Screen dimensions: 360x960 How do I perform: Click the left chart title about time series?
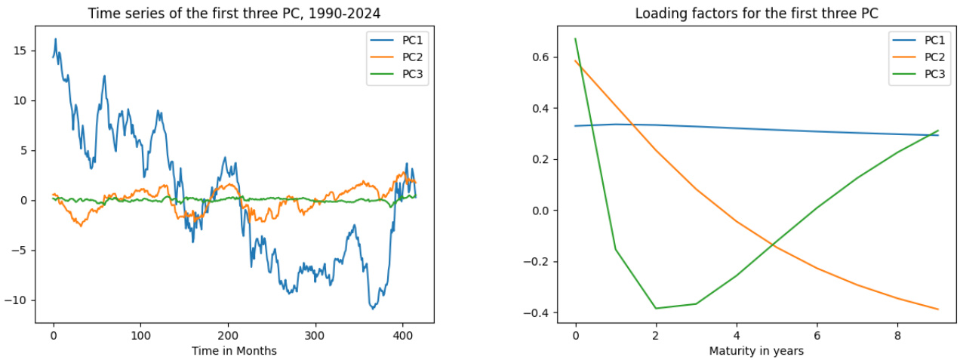tap(234, 14)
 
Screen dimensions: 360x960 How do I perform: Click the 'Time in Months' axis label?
tap(234, 351)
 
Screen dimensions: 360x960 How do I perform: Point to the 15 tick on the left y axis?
tap(22, 51)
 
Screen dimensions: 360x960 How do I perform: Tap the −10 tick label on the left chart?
tap(19, 300)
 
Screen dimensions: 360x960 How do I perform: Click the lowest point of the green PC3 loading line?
tap(656, 308)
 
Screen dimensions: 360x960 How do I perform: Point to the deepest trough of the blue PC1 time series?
tap(372, 309)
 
